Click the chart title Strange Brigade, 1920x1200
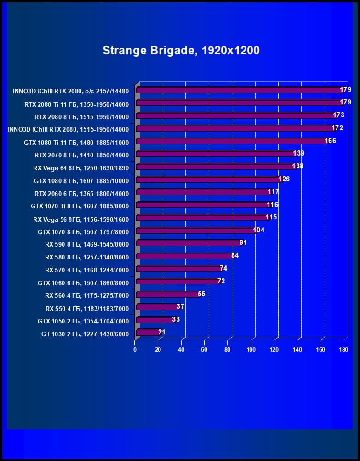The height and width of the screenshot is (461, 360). click(x=181, y=50)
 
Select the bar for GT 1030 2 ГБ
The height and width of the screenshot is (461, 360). click(x=148, y=333)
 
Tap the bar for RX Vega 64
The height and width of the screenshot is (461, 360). click(x=216, y=167)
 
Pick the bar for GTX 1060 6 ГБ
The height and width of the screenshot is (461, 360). click(x=177, y=282)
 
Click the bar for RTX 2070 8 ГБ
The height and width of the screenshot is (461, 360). click(x=217, y=154)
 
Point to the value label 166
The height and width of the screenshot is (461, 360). click(x=330, y=141)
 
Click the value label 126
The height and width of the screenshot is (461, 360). click(x=284, y=179)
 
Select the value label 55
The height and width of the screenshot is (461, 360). click(x=201, y=294)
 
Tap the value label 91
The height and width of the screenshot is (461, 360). click(x=243, y=242)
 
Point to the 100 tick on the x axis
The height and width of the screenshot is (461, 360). click(x=251, y=350)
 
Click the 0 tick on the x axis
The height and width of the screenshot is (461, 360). click(x=135, y=350)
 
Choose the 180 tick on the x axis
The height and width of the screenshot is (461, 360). click(x=343, y=350)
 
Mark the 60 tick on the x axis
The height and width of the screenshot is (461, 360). click(x=205, y=350)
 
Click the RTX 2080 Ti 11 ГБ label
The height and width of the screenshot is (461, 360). click(x=76, y=104)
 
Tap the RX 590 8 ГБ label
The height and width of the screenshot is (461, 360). click(x=87, y=244)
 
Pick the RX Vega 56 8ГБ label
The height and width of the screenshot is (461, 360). click(x=81, y=219)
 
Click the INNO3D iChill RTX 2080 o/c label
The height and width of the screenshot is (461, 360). click(x=71, y=91)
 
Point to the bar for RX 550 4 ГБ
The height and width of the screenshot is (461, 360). click(x=157, y=307)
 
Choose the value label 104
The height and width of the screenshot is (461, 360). click(x=259, y=230)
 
